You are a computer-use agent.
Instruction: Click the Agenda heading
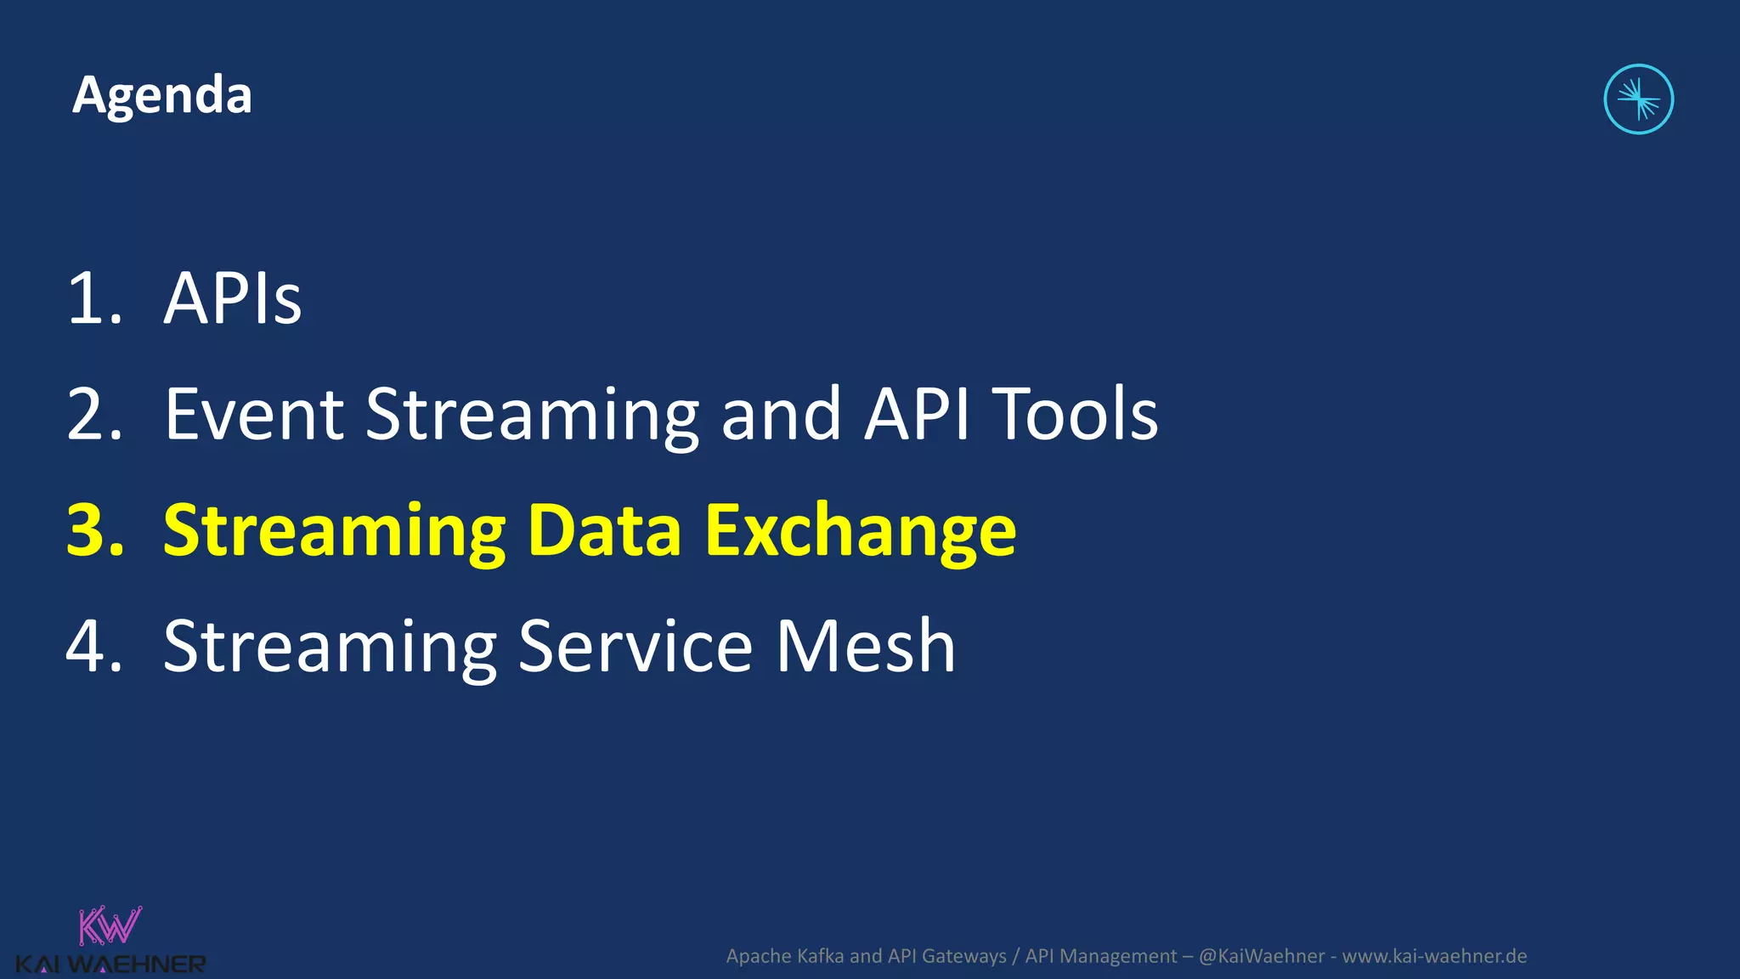[x=161, y=95]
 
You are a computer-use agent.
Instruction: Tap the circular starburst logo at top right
[x=1638, y=99]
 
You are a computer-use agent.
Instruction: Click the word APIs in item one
[x=232, y=298]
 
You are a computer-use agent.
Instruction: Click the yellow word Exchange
[x=860, y=530]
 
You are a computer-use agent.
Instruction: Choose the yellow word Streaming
[x=335, y=530]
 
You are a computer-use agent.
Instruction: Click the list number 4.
[x=93, y=647]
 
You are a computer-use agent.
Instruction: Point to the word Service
[x=635, y=647]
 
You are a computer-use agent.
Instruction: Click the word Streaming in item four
[x=330, y=647]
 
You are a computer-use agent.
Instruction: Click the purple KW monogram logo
[x=110, y=926]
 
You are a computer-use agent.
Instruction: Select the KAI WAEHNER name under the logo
[x=110, y=965]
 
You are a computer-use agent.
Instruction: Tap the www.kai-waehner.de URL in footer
[x=1434, y=956]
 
